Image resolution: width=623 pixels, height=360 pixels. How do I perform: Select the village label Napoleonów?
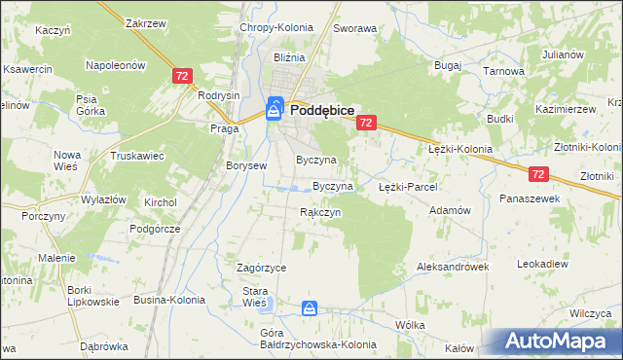(115, 65)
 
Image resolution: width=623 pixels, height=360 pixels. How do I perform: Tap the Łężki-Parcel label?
(408, 186)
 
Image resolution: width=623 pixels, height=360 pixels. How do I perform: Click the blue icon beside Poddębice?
(275, 110)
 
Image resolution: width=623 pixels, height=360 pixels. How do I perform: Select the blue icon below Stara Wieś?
(309, 309)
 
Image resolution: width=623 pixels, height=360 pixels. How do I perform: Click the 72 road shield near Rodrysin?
(181, 75)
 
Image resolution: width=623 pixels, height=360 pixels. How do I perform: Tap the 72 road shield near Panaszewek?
(541, 174)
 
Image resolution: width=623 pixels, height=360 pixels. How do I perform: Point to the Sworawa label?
(354, 29)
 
